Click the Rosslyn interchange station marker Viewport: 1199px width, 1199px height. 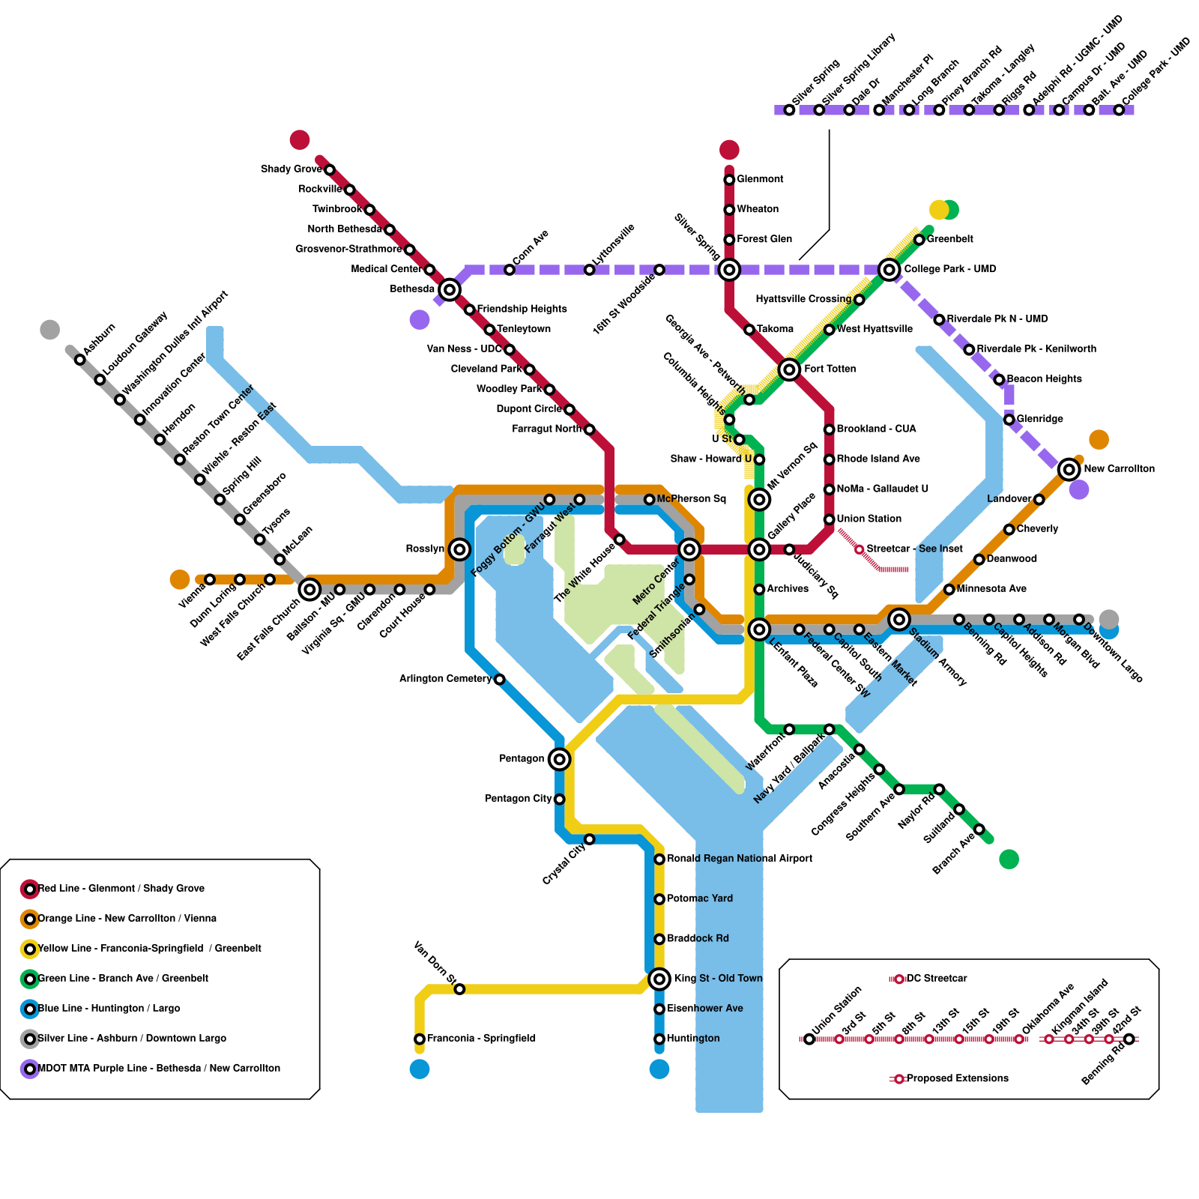[x=459, y=549]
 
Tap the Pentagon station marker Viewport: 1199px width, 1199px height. [x=559, y=759]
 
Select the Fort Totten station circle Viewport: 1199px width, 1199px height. [x=789, y=369]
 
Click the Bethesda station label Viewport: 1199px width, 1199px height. [x=412, y=289]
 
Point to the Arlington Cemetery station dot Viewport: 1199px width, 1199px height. [x=500, y=680]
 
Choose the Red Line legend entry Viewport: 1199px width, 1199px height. [x=121, y=889]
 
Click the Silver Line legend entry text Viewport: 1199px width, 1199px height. [x=132, y=1039]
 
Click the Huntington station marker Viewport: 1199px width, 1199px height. [x=659, y=1039]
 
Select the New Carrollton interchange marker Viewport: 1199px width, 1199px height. [x=1069, y=469]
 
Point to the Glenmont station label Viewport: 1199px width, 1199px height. [x=760, y=179]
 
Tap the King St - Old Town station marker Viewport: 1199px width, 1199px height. [x=659, y=979]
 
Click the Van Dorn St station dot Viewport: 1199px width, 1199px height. [x=460, y=989]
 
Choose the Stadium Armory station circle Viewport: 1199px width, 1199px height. [x=899, y=619]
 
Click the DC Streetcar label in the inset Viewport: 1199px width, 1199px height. [x=937, y=979]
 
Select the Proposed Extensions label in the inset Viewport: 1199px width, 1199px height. [x=957, y=1079]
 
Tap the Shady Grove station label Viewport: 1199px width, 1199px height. [x=291, y=169]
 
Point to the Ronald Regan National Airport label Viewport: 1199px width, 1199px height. [x=739, y=859]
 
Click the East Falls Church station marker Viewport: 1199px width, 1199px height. [x=309, y=590]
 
